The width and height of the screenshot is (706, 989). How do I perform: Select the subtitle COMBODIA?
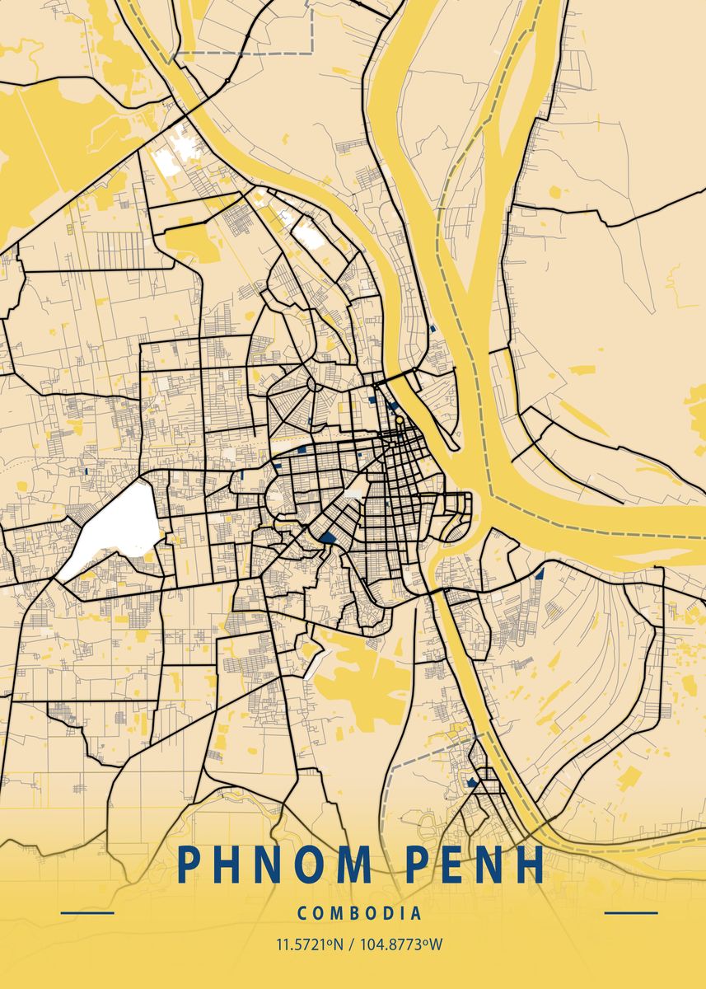click(359, 913)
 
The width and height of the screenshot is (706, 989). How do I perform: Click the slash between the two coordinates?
click(349, 944)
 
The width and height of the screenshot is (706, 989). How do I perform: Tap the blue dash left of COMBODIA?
click(87, 913)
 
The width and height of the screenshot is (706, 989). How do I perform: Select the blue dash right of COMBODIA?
click(631, 913)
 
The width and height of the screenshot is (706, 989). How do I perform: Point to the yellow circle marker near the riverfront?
click(400, 420)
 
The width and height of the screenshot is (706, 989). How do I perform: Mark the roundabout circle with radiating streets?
click(313, 385)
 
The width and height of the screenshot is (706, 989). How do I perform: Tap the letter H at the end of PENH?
click(528, 865)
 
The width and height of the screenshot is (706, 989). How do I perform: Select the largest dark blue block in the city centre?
click(328, 538)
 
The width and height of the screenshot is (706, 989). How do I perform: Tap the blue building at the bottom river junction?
click(472, 781)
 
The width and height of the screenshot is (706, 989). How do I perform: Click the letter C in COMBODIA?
click(303, 913)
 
